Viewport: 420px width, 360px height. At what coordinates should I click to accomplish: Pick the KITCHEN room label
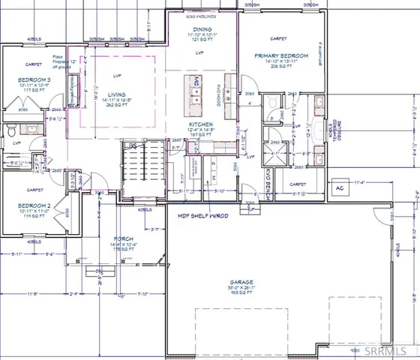202,124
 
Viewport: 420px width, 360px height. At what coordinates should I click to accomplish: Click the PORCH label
124,238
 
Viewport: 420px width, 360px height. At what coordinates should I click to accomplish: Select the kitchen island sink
196,93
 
